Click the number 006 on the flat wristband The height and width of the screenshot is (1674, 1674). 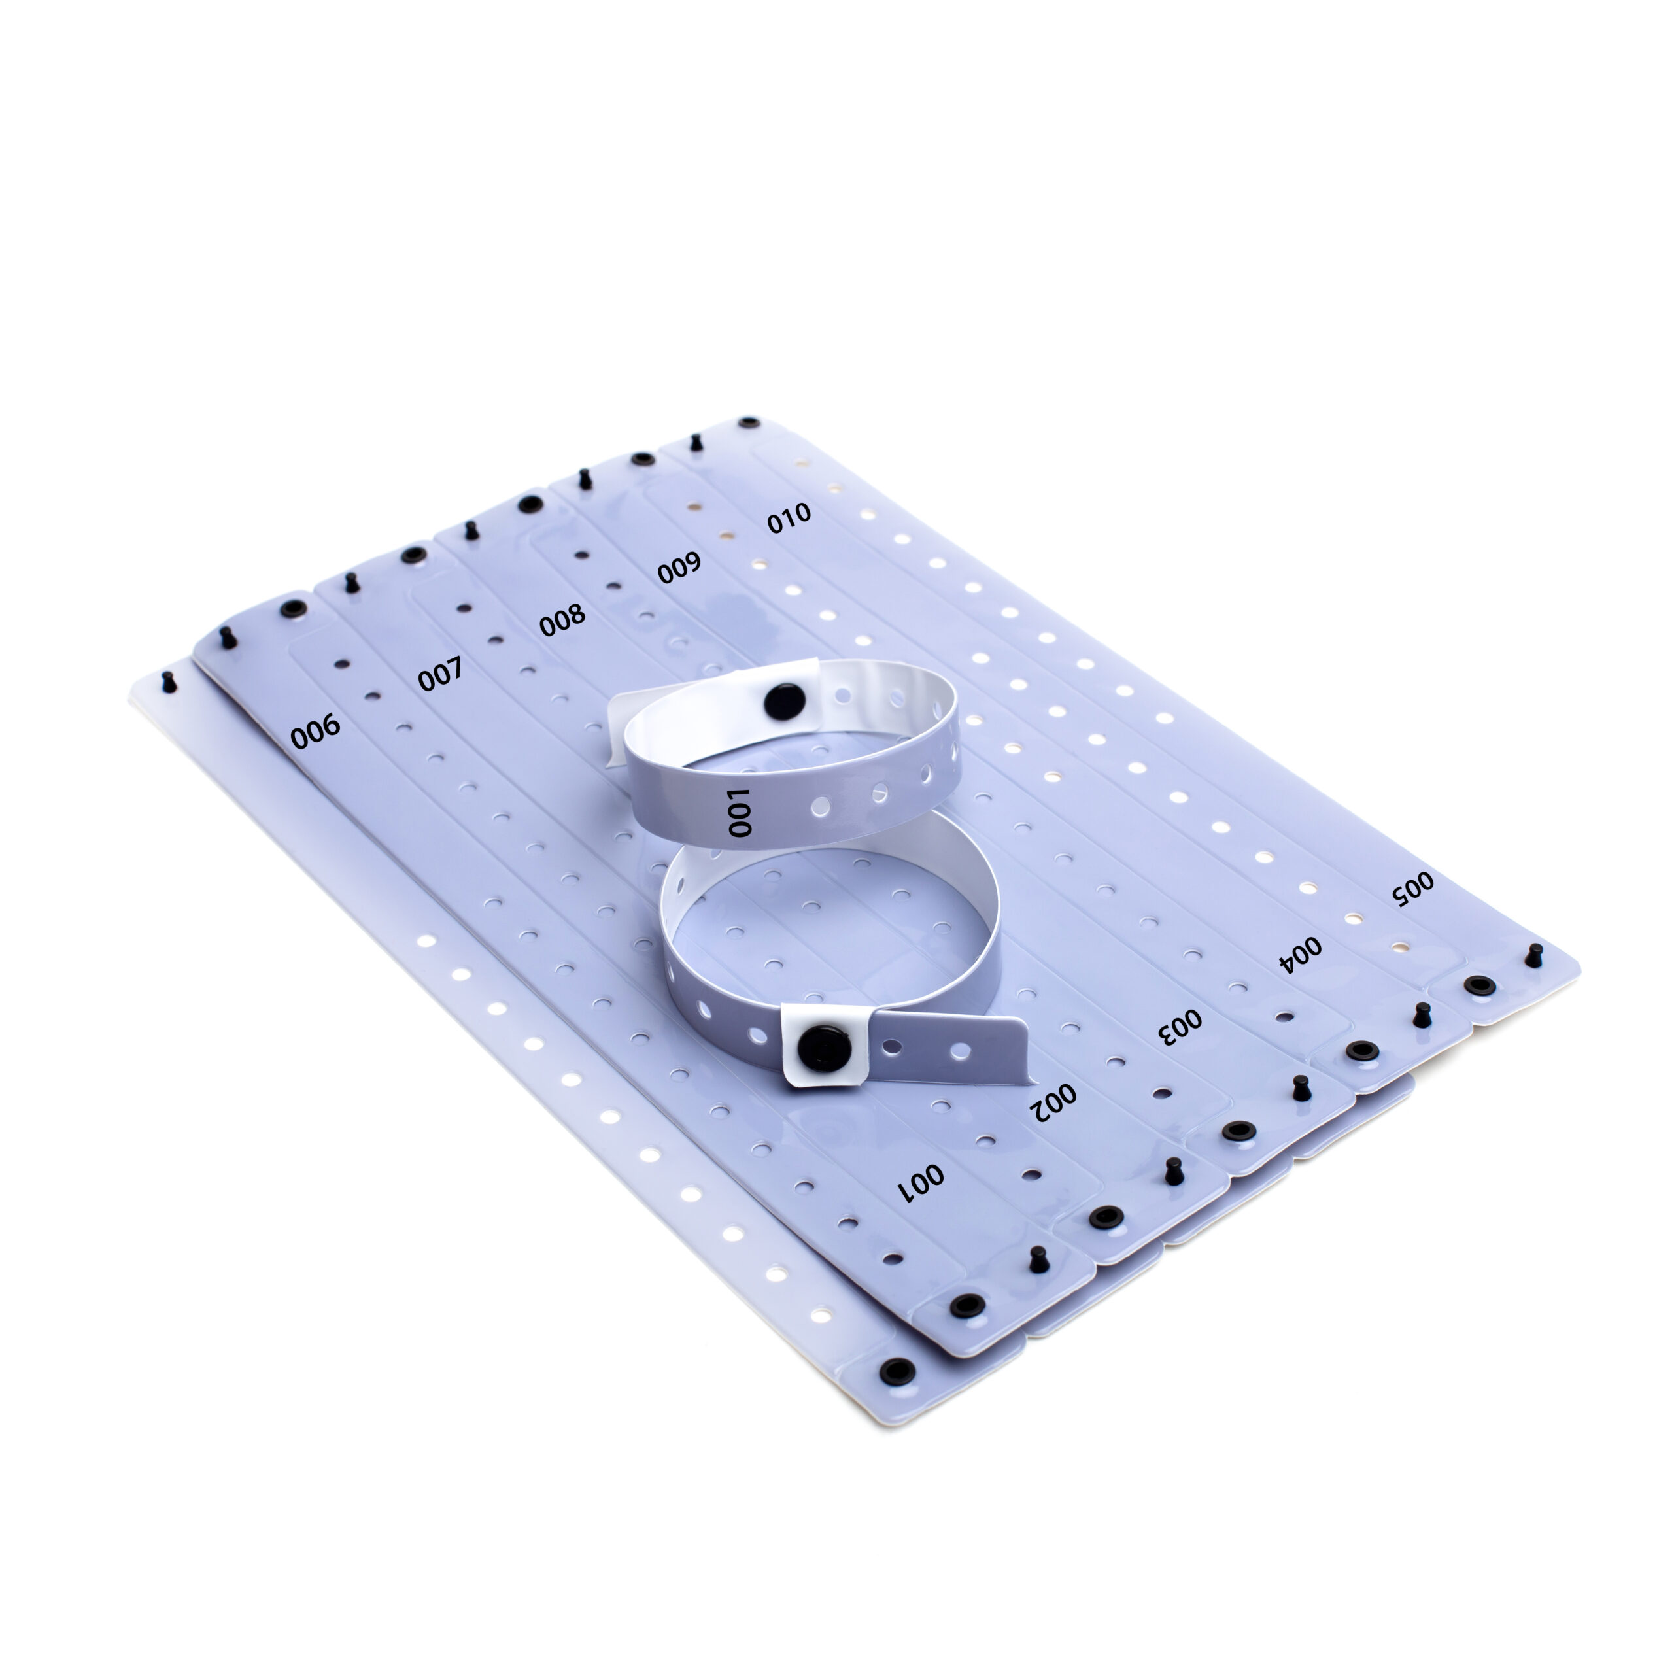coord(315,730)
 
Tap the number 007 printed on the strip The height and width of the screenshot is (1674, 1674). coord(440,674)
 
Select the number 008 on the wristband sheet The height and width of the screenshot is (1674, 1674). coord(562,619)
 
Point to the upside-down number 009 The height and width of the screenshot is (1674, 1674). coord(679,568)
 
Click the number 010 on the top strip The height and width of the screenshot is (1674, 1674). coord(789,517)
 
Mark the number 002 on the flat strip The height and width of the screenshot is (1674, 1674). coord(1053,1102)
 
